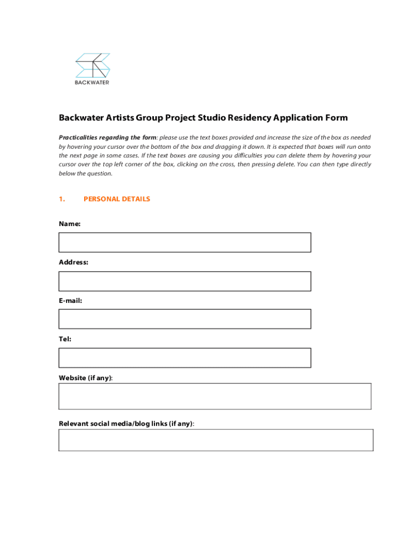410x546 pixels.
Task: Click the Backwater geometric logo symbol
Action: [93, 65]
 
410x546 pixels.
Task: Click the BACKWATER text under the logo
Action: [92, 83]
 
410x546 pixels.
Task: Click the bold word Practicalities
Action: [80, 137]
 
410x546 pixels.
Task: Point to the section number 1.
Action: [62, 199]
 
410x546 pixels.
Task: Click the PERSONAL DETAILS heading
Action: [117, 199]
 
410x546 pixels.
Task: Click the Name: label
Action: [69, 224]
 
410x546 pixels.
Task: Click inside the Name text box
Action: [184, 242]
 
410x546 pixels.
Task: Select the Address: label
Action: [73, 262]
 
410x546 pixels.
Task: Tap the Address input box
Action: [184, 281]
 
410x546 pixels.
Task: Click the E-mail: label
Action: [70, 301]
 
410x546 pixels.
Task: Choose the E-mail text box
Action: [184, 319]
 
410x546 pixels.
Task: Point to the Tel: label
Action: [65, 339]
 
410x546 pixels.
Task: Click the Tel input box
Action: [184, 358]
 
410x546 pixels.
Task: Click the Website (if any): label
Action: [86, 378]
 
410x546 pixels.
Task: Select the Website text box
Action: [215, 396]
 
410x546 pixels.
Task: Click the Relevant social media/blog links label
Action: [126, 424]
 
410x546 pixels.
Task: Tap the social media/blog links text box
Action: [216, 440]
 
